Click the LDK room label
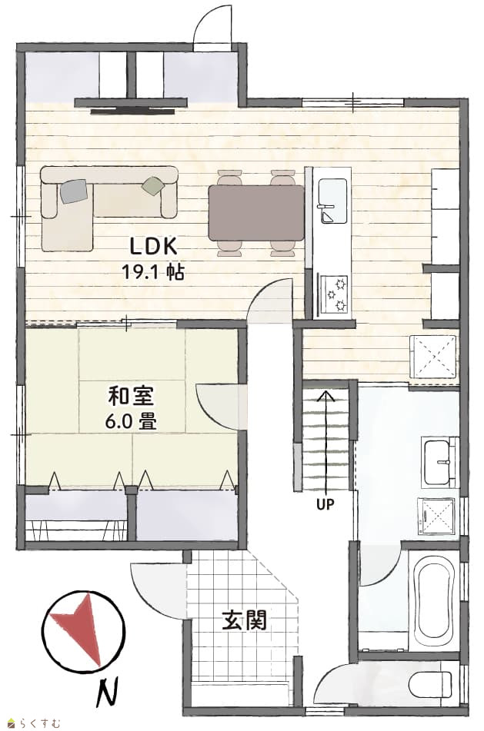[153, 246]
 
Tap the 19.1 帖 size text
[153, 271]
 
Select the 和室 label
[131, 397]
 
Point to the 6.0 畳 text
[131, 421]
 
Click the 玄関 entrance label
[244, 620]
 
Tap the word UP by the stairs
[325, 504]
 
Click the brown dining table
[256, 213]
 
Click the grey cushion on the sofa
[74, 191]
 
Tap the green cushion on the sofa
[154, 185]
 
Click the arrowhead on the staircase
[325, 397]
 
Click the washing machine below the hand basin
[436, 517]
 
